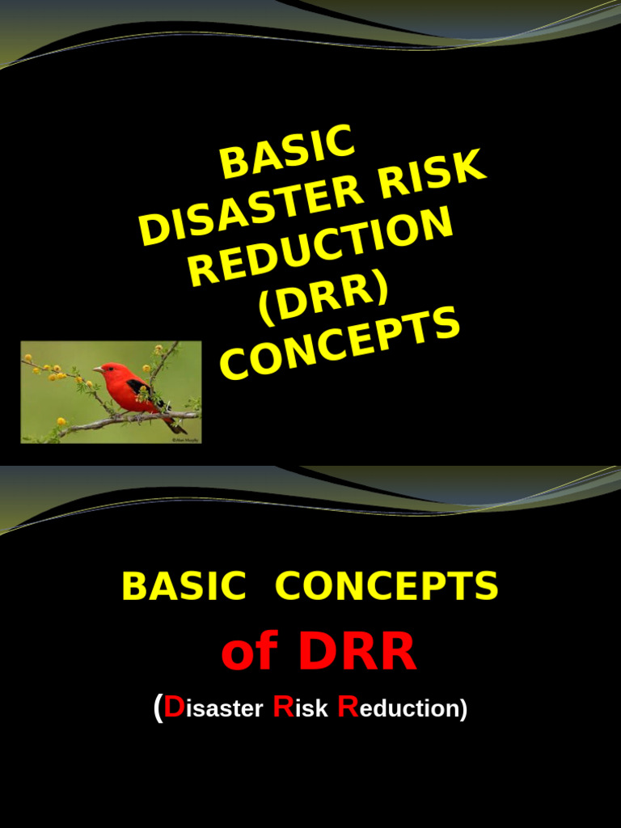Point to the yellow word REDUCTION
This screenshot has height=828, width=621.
[x=320, y=246]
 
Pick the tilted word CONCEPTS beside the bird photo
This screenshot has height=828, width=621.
[x=340, y=345]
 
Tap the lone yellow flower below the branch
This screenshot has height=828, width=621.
[x=61, y=421]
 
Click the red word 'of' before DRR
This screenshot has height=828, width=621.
[x=250, y=653]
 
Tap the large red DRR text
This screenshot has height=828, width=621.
[x=357, y=653]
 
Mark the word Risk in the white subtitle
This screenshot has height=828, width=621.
[x=301, y=708]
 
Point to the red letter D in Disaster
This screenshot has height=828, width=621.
[x=173, y=708]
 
